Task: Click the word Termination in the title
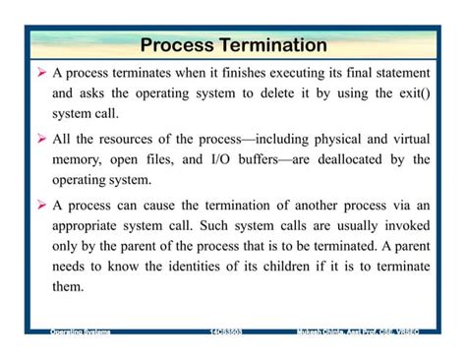tap(268, 45)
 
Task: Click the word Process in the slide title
tap(173, 45)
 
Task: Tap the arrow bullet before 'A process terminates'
tap(41, 74)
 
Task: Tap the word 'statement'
tap(399, 74)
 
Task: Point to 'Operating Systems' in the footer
tap(81, 332)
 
